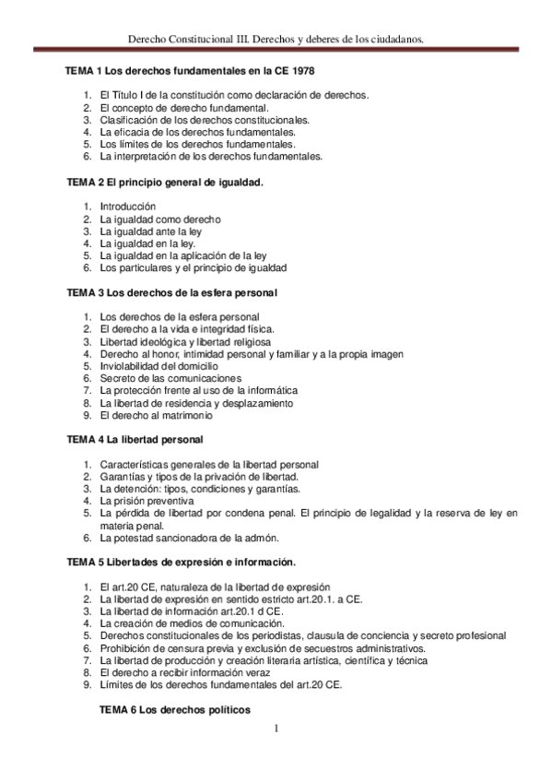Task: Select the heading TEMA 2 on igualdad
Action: [165, 182]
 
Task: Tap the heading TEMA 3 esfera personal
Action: [172, 292]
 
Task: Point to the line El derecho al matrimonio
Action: [158, 415]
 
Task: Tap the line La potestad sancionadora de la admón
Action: [188, 538]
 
